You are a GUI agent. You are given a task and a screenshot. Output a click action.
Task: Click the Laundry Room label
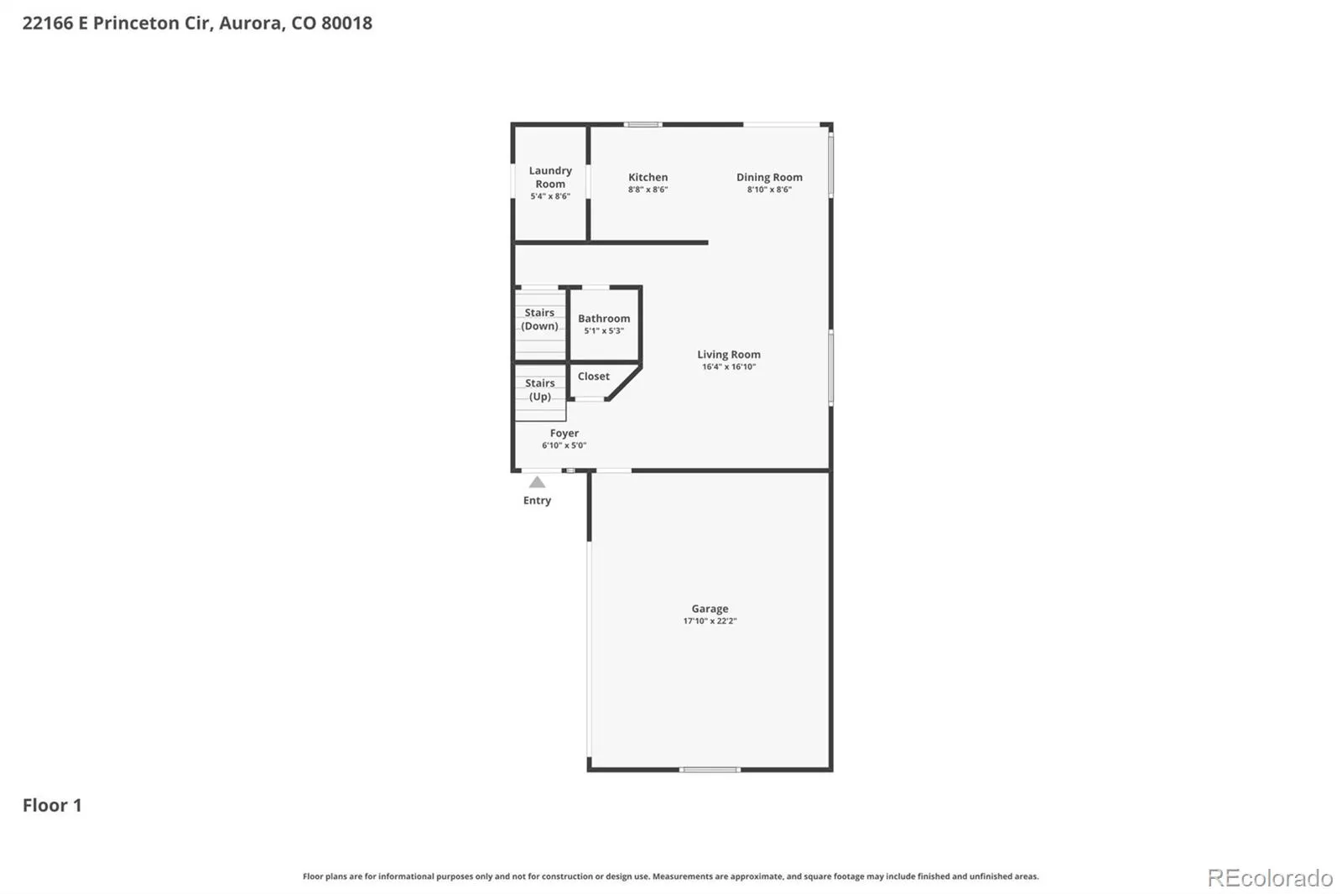550,177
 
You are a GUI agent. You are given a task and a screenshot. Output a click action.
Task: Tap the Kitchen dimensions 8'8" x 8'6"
648,190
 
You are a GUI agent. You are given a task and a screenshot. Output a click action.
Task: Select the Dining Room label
769,177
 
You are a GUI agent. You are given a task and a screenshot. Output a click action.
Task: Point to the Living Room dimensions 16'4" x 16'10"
729,366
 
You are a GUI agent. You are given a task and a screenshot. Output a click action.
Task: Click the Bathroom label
604,318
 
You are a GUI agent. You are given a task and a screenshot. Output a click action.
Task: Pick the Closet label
593,376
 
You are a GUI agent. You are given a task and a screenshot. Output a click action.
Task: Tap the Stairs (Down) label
539,319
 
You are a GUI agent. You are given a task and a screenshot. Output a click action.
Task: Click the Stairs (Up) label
540,389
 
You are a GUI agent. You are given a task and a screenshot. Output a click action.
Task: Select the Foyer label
564,433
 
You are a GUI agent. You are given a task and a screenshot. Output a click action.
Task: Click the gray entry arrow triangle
537,482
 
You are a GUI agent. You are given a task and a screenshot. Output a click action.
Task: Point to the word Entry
537,501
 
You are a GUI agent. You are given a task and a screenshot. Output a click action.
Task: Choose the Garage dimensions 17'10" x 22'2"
710,621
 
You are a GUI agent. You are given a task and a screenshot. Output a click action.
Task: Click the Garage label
710,608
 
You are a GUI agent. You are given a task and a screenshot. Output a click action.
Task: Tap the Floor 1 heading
52,805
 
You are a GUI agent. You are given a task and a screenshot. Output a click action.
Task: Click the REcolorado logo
1270,878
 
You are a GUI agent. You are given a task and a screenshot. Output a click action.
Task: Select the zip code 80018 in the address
347,23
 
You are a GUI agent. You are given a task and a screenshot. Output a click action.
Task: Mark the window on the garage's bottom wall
710,769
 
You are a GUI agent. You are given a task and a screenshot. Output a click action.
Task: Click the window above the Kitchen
642,125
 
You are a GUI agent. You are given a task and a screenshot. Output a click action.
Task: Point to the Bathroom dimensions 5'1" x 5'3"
604,330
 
